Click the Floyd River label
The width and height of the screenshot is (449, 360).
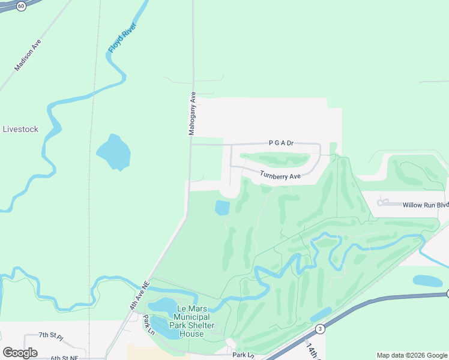[122, 37]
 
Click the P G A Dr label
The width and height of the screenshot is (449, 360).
[281, 143]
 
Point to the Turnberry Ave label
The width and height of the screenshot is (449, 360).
[280, 176]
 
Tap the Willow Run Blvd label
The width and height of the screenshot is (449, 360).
[425, 205]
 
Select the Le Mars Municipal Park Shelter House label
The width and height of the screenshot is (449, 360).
[193, 321]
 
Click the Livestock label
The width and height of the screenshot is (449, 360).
[20, 129]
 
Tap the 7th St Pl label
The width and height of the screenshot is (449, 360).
[50, 335]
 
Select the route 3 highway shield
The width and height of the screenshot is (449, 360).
[321, 328]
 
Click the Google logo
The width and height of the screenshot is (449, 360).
[20, 353]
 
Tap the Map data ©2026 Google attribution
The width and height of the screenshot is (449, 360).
[412, 355]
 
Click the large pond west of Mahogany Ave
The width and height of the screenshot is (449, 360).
[113, 152]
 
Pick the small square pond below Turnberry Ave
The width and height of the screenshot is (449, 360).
[222, 208]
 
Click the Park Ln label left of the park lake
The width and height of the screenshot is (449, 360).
[148, 325]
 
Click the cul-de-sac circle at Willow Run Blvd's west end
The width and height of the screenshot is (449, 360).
[380, 203]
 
